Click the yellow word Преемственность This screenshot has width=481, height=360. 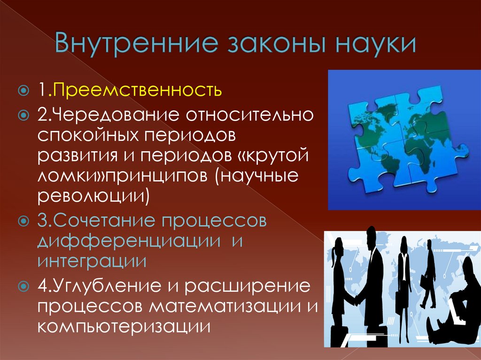click(x=137, y=89)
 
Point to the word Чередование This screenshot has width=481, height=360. click(x=109, y=115)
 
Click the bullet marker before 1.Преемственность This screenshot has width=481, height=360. click(x=23, y=89)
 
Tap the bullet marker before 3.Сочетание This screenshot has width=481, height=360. click(x=23, y=221)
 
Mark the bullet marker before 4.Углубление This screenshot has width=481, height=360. click(x=23, y=286)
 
